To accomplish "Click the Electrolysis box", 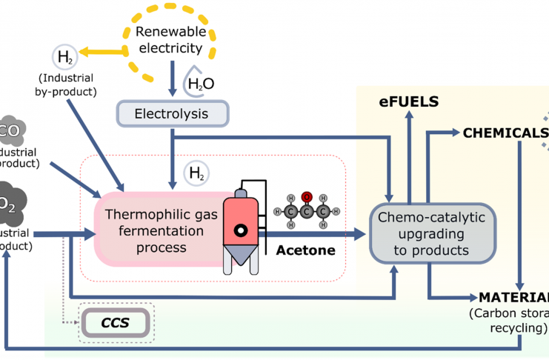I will (x=172, y=114).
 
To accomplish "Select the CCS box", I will (x=115, y=322).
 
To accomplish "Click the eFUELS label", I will (x=409, y=101).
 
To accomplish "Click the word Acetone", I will (x=305, y=250).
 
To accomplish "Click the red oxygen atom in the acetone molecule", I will (x=305, y=198).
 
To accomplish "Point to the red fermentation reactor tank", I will (x=241, y=222).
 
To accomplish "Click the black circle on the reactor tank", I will (x=241, y=230).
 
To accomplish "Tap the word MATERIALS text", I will (x=513, y=298).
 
